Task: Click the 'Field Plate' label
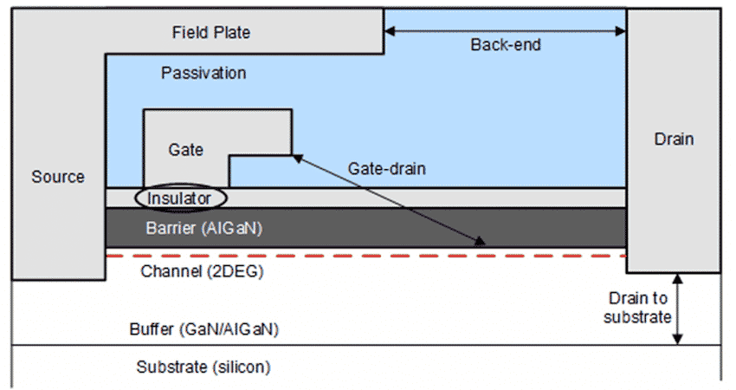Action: [211, 33]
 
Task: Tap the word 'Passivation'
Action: [203, 73]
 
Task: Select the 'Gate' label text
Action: [185, 150]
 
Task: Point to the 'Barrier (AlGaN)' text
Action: [200, 230]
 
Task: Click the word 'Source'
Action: [58, 177]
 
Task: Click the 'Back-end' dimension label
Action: [506, 45]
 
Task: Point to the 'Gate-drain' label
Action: [387, 168]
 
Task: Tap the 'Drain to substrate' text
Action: [639, 307]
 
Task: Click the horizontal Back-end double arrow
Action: [506, 31]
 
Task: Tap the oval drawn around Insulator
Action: [226, 198]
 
